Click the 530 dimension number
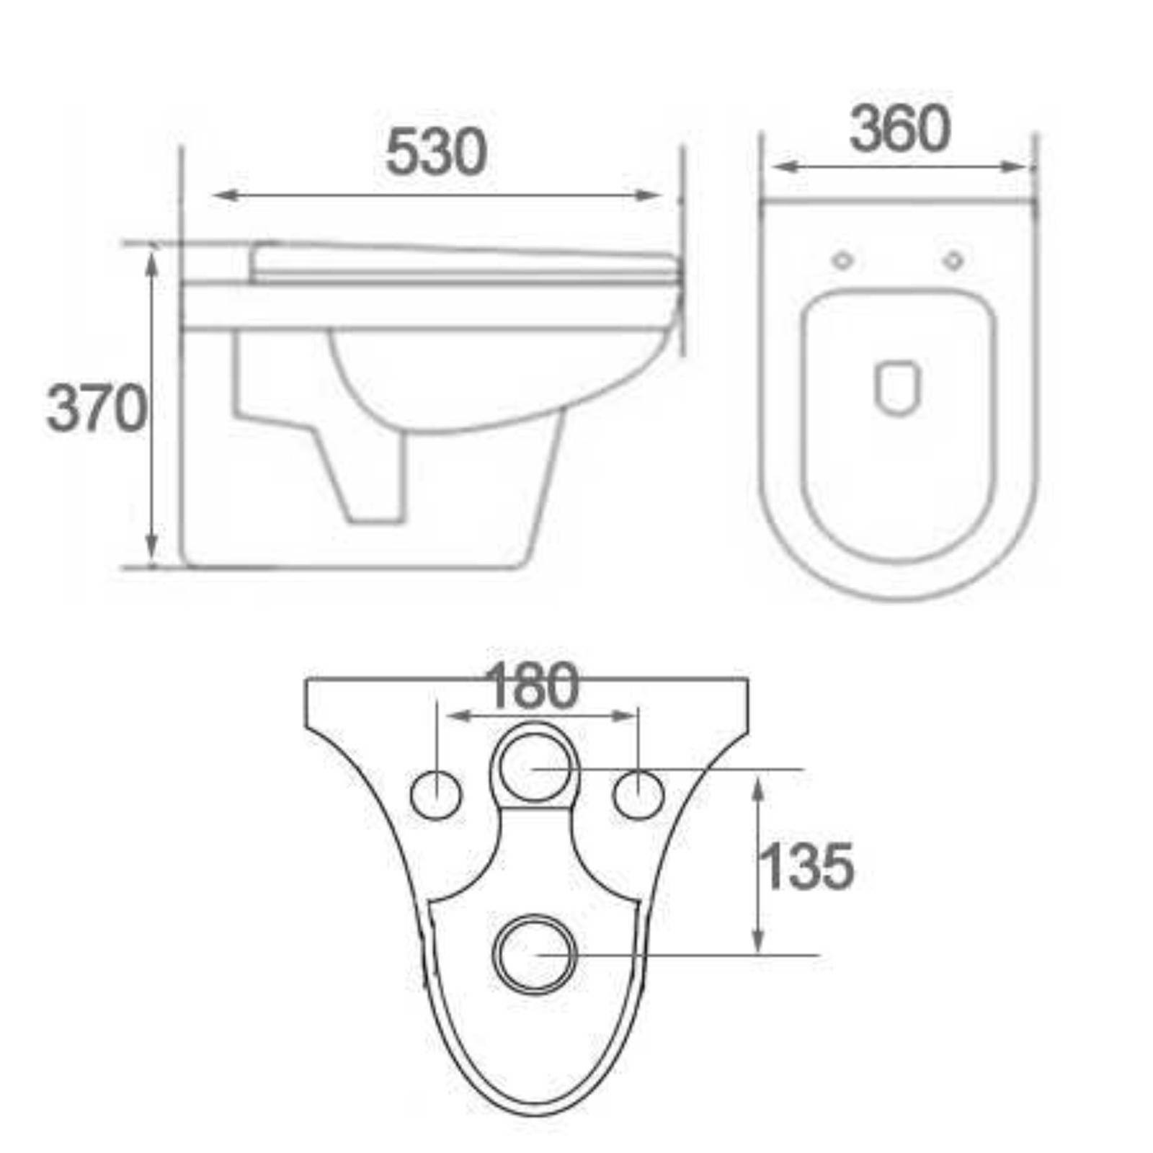coord(436,152)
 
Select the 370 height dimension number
coord(97,409)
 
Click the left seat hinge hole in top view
coord(842,260)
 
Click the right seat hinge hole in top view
coord(953,260)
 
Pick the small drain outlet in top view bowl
coord(898,388)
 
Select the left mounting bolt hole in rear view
coord(436,794)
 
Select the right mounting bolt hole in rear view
coord(638,794)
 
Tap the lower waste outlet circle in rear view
coord(535,954)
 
